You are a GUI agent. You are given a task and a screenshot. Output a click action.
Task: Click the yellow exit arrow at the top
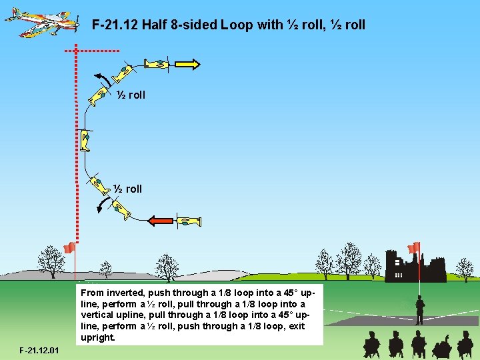[187, 64]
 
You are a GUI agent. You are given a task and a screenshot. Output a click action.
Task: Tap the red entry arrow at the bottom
[160, 221]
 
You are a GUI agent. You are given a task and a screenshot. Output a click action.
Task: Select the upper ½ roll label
[131, 95]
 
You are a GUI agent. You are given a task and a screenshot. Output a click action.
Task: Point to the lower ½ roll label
[128, 189]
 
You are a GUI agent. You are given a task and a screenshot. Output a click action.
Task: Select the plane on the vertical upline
[85, 140]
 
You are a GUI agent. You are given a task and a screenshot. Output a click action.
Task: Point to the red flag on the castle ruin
[414, 248]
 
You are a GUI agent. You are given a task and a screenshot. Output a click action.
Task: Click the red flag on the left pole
[68, 248]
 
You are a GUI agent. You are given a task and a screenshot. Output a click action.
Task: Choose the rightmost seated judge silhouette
[465, 344]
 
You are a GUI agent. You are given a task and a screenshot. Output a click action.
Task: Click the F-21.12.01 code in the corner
[39, 350]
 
